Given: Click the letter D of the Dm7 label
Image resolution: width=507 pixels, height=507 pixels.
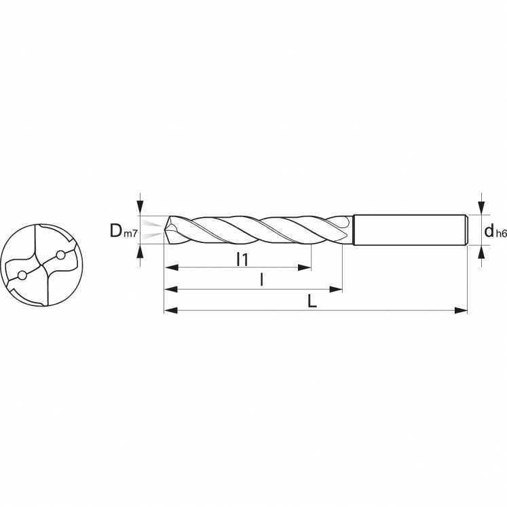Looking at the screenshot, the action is pos(115,231).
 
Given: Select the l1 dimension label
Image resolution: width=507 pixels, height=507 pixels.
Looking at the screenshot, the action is pos(242,259).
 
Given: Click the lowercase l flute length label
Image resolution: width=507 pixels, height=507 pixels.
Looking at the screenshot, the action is pos(261,280).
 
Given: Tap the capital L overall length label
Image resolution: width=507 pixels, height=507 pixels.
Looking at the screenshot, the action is pos(312,301).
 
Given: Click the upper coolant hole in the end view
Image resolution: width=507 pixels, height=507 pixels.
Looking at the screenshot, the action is pos(60,255).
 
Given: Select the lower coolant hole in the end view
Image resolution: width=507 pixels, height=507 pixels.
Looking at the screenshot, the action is pos(22,276).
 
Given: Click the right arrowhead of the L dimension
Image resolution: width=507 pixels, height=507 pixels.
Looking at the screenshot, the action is pos(461,310).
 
